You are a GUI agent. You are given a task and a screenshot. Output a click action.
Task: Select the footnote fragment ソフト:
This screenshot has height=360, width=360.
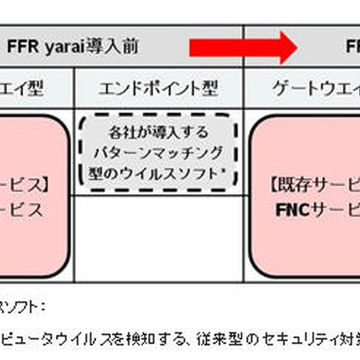click(22, 306)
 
